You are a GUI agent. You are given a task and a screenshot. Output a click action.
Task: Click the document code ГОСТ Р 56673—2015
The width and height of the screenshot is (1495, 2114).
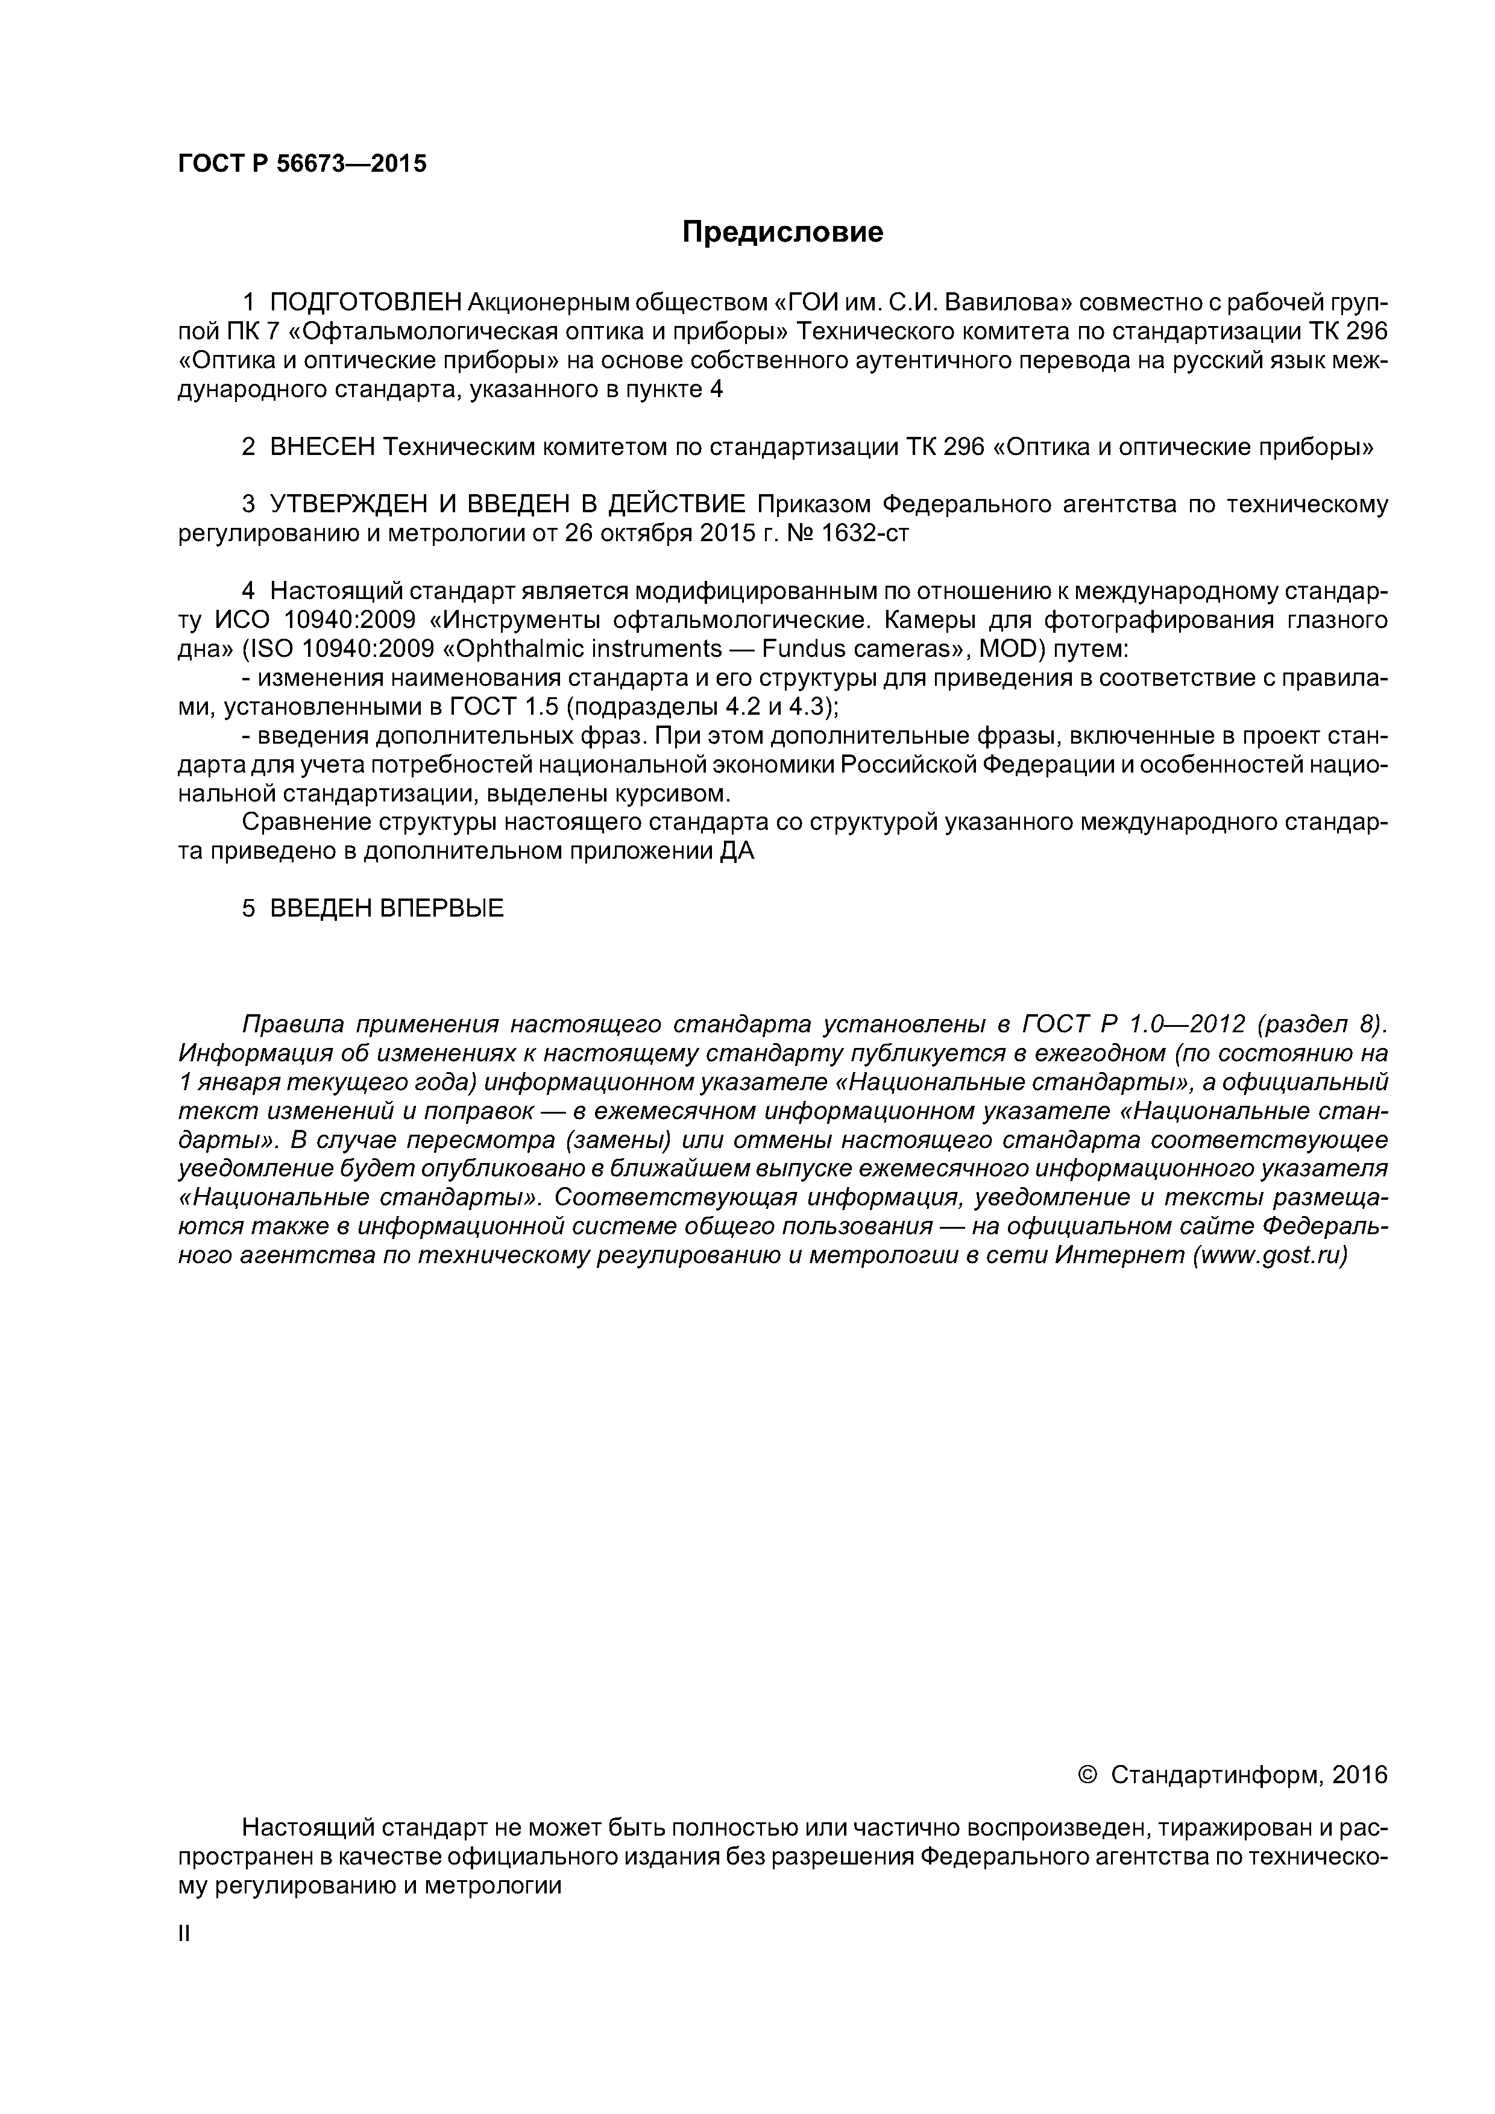pos(302,164)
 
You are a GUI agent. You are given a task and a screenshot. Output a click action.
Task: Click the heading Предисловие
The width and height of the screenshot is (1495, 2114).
pos(782,232)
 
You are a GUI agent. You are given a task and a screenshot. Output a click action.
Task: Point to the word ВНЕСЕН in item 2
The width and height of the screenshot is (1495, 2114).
pos(323,448)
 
